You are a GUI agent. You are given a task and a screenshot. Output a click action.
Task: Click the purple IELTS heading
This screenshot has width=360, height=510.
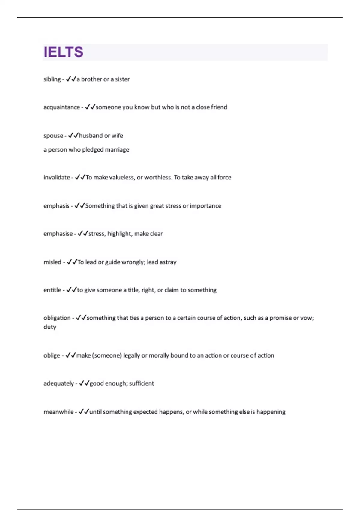pos(64,52)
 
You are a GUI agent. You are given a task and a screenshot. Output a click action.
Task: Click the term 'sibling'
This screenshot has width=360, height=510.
pos(52,79)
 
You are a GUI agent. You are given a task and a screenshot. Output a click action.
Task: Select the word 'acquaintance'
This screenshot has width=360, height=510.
pos(62,107)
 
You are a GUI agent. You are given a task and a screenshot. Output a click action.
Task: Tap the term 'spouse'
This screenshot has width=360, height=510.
pos(53,136)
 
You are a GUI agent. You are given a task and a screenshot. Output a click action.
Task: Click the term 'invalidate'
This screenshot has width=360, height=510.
pos(57,177)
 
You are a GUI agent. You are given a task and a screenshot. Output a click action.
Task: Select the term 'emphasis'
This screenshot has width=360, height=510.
pos(56,206)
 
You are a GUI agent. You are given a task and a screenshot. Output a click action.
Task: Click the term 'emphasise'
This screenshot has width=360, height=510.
pos(58,234)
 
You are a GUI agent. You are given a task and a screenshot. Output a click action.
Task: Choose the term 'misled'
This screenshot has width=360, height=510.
pos(52,262)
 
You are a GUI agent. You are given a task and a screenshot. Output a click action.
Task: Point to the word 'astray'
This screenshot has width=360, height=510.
pos(168,262)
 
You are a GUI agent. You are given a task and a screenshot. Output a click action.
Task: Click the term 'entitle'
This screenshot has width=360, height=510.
pos(52,290)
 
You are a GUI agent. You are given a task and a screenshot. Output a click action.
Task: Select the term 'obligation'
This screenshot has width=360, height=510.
pos(57,318)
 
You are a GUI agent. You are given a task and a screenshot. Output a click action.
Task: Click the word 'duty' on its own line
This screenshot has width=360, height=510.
pos(50,327)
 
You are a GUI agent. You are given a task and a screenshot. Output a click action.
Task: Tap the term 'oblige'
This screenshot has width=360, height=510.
pos(52,355)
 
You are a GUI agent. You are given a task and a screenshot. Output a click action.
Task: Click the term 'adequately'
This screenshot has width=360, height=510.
pos(59,383)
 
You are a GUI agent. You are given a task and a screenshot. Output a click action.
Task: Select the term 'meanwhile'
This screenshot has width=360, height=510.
pos(58,412)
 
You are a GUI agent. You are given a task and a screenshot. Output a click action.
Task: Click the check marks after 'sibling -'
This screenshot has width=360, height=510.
pos(71,79)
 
